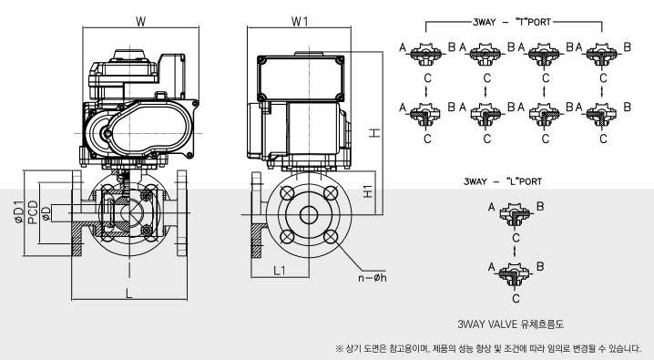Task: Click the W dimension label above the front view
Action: tap(141, 21)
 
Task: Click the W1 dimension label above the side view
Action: tap(300, 21)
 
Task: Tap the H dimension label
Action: tap(375, 133)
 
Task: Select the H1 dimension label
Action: tap(367, 191)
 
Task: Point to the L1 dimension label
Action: tap(279, 271)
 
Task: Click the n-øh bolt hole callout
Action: tap(372, 277)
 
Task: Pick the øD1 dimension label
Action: tap(19, 212)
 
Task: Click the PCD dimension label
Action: tap(33, 212)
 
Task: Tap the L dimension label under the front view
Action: tap(128, 293)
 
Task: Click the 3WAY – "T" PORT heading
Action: tap(512, 22)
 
